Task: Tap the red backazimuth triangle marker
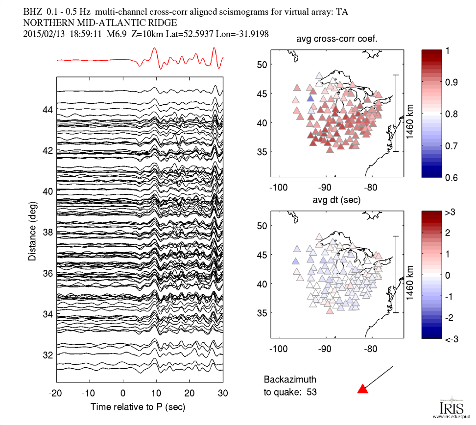362,389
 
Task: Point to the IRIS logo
448,406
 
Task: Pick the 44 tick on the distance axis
47,110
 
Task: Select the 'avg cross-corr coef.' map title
336,39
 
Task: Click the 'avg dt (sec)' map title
336,200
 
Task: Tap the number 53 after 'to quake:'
311,392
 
